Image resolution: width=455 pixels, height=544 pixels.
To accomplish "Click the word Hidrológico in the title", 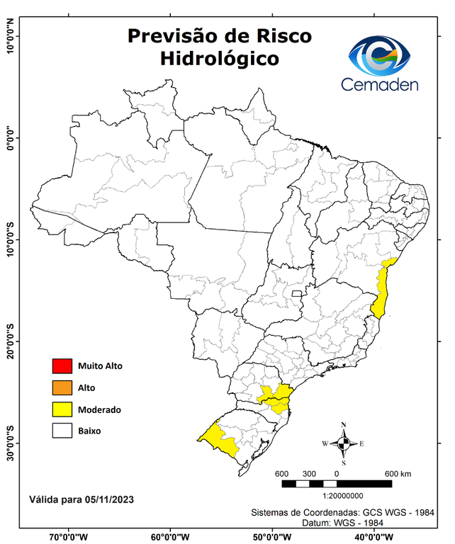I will pos(219,58).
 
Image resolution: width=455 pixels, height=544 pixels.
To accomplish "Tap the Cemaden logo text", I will pos(380,84).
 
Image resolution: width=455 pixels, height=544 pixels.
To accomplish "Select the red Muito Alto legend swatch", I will pos(62,366).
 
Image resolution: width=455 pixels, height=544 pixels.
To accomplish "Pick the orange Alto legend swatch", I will pos(62,387).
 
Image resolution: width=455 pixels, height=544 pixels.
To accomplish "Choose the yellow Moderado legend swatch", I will pos(62,409).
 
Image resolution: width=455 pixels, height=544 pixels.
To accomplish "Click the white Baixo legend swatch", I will pos(62,431).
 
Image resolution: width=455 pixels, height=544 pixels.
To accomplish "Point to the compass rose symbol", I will pos(344,443).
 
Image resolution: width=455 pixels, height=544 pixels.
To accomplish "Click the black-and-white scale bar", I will pos(337,484).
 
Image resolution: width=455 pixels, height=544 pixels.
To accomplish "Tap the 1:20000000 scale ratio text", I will pos(344,497).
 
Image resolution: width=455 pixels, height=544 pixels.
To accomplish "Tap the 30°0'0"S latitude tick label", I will pos(10,443).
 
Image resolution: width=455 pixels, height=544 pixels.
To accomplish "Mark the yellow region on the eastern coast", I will pos(383,290).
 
